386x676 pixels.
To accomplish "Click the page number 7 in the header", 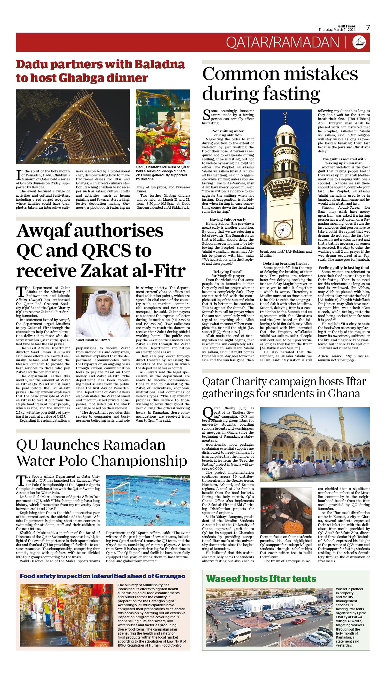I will pyautogui.click(x=368, y=27).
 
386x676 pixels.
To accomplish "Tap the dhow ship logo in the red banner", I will pyautogui.click(x=359, y=42).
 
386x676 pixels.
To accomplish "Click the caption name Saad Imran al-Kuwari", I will pyautogui.click(x=93, y=340).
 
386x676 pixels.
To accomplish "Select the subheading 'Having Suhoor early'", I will pyautogui.click(x=228, y=219).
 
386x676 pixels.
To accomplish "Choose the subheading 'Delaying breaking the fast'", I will pyautogui.click(x=286, y=263).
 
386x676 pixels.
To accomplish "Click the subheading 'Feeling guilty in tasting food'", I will pyautogui.click(x=344, y=268).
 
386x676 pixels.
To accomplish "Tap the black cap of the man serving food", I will pyautogui.click(x=170, y=114).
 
